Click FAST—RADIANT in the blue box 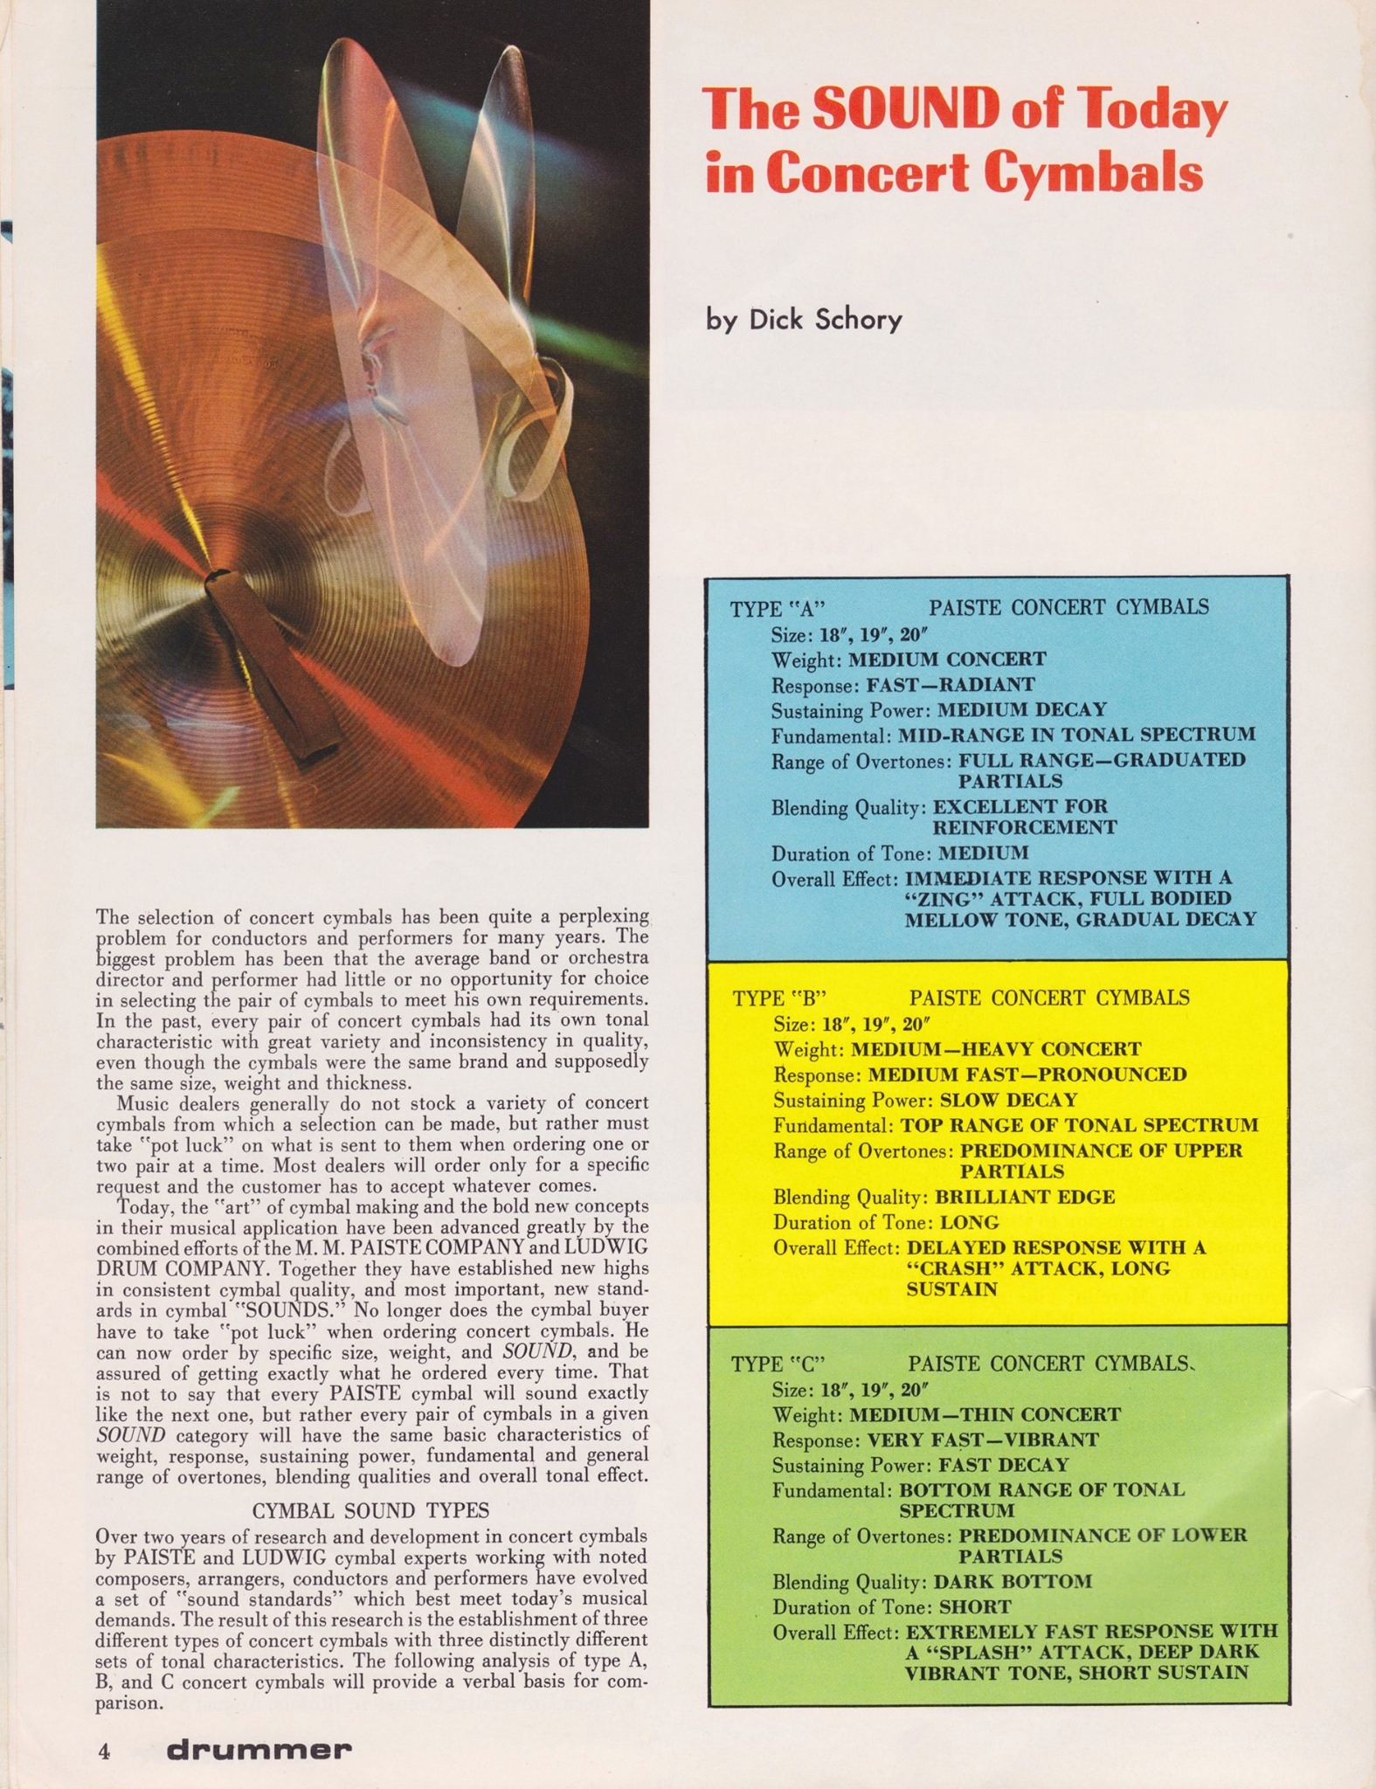951,685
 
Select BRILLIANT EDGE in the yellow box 1025,1197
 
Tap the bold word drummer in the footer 259,1751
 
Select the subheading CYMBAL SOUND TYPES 370,1510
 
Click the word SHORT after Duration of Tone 975,1607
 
